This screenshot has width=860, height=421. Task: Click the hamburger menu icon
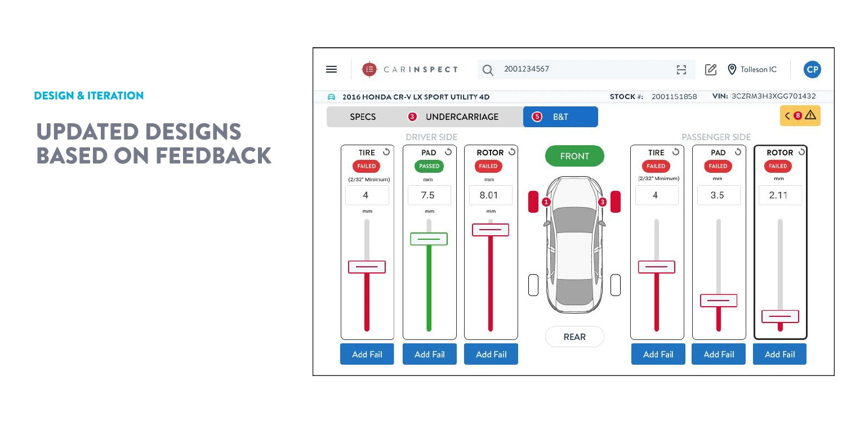tap(331, 69)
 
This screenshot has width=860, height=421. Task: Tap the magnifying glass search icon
tap(488, 70)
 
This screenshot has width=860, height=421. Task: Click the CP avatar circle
tap(812, 69)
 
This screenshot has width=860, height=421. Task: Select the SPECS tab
tap(363, 117)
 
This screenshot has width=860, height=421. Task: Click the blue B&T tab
tap(560, 117)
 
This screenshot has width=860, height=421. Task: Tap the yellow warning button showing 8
tap(800, 115)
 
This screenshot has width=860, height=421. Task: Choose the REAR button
tap(574, 337)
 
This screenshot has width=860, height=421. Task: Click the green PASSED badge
tap(429, 166)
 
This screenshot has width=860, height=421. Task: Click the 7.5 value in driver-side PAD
tap(429, 195)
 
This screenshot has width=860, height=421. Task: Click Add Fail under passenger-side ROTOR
tap(779, 354)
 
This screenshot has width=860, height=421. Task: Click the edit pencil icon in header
tap(710, 69)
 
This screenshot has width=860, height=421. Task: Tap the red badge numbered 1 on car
tap(546, 202)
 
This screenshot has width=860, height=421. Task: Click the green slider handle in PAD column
tap(429, 239)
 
